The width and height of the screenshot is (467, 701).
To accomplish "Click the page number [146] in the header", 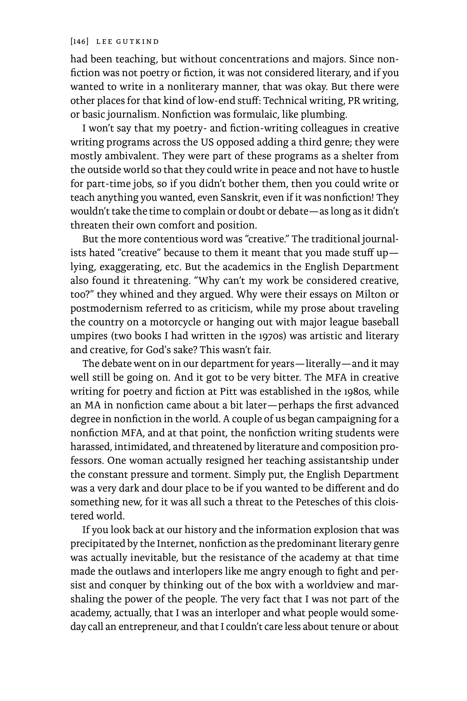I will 79,42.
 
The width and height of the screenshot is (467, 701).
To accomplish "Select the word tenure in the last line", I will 342,627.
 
